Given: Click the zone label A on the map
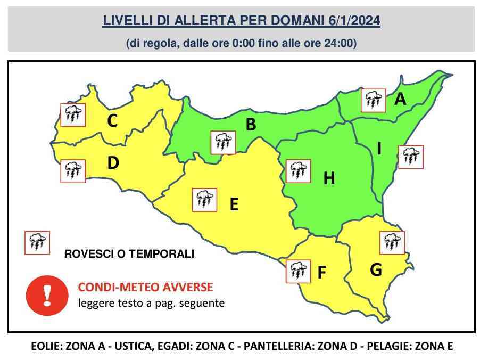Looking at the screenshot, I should pyautogui.click(x=400, y=99).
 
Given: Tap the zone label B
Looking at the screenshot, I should pyautogui.click(x=251, y=125).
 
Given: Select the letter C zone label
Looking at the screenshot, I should pyautogui.click(x=112, y=121).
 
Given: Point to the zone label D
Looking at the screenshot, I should pyautogui.click(x=113, y=163).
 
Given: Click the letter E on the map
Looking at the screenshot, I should pyautogui.click(x=234, y=204).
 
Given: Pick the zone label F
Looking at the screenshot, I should pyautogui.click(x=321, y=273).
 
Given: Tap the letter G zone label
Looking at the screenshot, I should pyautogui.click(x=376, y=270).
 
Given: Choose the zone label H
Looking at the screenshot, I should pyautogui.click(x=329, y=179).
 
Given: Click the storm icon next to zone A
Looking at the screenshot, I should pyautogui.click(x=373, y=100).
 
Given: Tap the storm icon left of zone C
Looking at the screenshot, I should pyautogui.click(x=72, y=114).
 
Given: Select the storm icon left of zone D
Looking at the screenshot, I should pyautogui.click(x=72, y=171).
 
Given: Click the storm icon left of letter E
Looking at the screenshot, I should pyautogui.click(x=205, y=200).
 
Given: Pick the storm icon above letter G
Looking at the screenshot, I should pyautogui.click(x=392, y=242).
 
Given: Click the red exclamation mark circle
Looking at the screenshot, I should pyautogui.click(x=47, y=294).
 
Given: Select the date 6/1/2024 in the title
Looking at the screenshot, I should pyautogui.click(x=352, y=21).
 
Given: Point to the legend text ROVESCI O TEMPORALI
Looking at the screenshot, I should pyautogui.click(x=129, y=254).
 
